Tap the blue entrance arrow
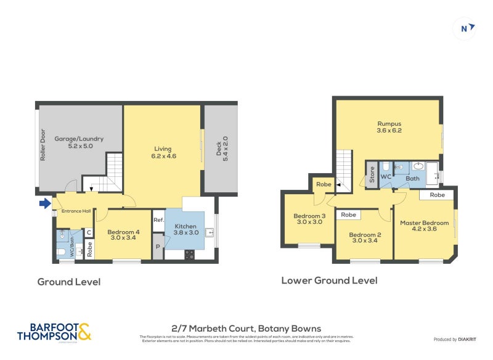pos(44,203)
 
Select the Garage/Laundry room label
pos(79,142)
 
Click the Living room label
pos(163,152)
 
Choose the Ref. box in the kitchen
pos(158,220)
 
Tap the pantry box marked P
pos(158,247)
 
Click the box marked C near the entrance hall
pos(89,232)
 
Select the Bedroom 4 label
pos(124,235)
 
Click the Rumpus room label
pos(389,127)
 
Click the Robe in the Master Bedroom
pos(437,195)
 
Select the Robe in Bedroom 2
pos(348,215)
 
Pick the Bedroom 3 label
pos(309,219)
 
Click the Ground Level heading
pos(69,282)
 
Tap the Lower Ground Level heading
pos(329,280)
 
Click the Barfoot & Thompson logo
pos(54,332)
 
